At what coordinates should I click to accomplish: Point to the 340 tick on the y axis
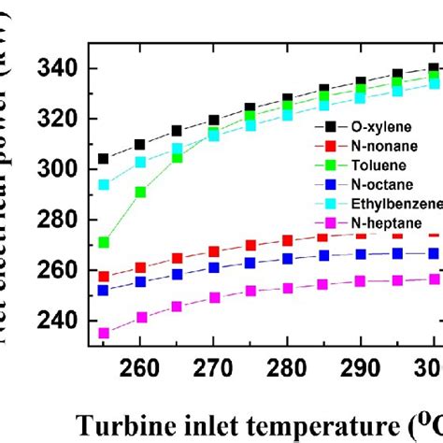pos(59,69)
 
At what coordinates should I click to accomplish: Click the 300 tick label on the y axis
pos(59,170)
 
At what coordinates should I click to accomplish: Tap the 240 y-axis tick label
pos(59,321)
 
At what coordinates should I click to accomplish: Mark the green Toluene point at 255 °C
pos(104,243)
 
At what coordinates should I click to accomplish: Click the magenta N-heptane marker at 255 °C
pos(104,333)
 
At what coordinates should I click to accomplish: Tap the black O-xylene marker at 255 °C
pos(104,159)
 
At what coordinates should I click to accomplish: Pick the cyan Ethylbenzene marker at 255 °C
pos(104,185)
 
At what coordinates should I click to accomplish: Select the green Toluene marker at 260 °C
pos(140,193)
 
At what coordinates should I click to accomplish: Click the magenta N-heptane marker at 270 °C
pos(214,298)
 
